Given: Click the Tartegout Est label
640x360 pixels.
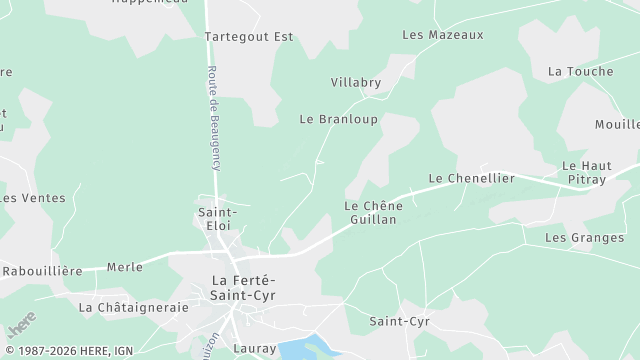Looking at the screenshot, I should click(249, 36).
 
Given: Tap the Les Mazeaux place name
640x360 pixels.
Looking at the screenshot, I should click(442, 34).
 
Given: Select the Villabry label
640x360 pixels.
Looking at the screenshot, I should click(356, 82).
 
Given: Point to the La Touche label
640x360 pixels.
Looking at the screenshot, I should click(580, 71).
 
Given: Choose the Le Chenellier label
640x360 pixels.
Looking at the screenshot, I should click(471, 178).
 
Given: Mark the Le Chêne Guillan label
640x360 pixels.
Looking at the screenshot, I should click(372, 212).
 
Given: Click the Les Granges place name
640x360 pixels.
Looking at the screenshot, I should click(584, 237).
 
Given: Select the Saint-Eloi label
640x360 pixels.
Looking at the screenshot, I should click(217, 218).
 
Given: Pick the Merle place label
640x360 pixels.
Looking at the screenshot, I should click(124, 267).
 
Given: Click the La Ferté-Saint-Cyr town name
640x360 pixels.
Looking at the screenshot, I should click(244, 287).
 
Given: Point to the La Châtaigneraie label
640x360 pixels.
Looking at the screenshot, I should click(133, 307).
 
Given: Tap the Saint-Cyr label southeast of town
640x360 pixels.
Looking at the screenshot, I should click(399, 321).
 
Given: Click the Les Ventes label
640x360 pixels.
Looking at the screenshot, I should click(33, 198).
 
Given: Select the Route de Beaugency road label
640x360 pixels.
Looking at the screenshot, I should click(213, 118).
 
